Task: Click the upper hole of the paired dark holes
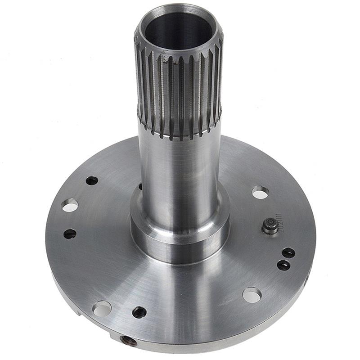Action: coord(288,253)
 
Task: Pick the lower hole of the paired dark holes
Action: coord(283,265)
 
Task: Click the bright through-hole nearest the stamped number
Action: coord(260,192)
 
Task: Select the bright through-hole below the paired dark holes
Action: coord(252,295)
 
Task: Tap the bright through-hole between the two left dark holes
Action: coord(69,206)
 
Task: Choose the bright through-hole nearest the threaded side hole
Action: coord(102,308)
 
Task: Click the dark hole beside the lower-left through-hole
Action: coord(139,312)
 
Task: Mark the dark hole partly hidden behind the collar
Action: coord(140,186)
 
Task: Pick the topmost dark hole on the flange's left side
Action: coord(92,180)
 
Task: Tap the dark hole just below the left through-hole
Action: coord(70,234)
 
